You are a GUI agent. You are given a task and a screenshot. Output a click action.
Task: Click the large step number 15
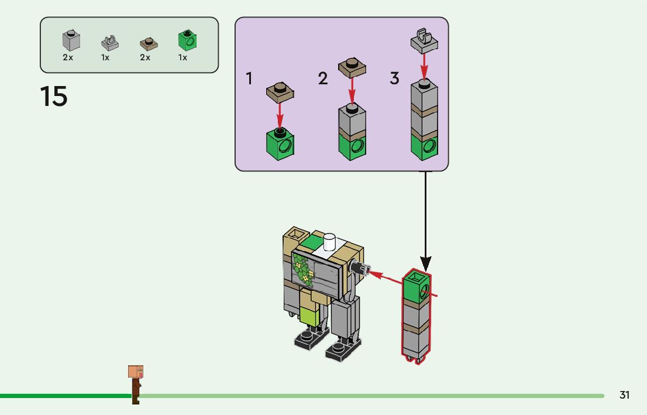pyautogui.click(x=54, y=97)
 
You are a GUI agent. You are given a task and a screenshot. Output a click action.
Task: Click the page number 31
pyautogui.click(x=625, y=396)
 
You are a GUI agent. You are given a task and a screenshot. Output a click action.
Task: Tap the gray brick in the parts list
pyautogui.click(x=71, y=41)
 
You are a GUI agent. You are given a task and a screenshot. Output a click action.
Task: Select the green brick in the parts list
pyautogui.click(x=187, y=40)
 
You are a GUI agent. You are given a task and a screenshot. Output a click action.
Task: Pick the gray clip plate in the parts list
pyautogui.click(x=109, y=43)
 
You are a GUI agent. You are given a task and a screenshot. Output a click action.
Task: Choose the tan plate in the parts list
pyautogui.click(x=149, y=44)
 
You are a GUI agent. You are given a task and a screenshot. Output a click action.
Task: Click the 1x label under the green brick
pyautogui.click(x=183, y=58)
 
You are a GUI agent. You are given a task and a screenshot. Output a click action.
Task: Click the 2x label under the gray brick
pyautogui.click(x=68, y=58)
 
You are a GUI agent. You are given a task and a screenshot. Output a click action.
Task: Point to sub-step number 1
pyautogui.click(x=249, y=78)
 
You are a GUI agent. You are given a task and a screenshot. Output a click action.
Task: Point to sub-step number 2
pyautogui.click(x=323, y=78)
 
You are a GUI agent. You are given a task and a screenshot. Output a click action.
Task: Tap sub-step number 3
pyautogui.click(x=395, y=78)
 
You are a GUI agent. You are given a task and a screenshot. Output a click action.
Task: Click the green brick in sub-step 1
pyautogui.click(x=280, y=144)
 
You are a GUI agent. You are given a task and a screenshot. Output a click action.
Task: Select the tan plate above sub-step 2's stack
pyautogui.click(x=352, y=67)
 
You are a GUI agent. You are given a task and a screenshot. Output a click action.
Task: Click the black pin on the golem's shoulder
pyautogui.click(x=358, y=269)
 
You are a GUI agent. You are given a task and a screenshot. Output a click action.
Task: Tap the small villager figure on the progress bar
pyautogui.click(x=136, y=383)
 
